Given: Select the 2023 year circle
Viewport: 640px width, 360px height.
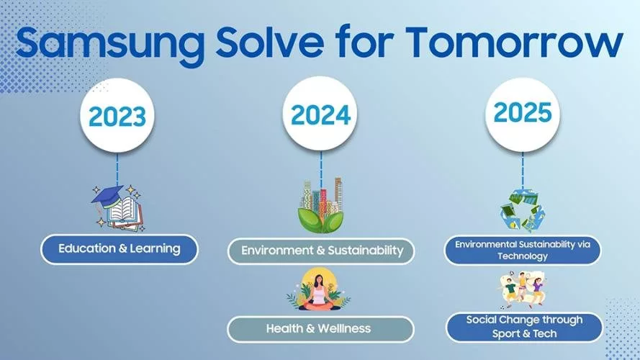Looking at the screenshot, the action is pyautogui.click(x=117, y=116).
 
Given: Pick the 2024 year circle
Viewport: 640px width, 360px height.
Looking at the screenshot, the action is pyautogui.click(x=320, y=114).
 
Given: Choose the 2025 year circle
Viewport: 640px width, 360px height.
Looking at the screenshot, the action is pyautogui.click(x=523, y=114).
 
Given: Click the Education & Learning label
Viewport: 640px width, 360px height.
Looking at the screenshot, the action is pyautogui.click(x=120, y=249).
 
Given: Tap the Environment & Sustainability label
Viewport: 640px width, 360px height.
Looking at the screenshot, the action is pyautogui.click(x=321, y=251).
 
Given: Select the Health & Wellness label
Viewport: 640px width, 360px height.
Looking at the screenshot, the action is pyautogui.click(x=320, y=329).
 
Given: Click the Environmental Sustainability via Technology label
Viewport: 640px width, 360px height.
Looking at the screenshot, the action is pyautogui.click(x=523, y=251).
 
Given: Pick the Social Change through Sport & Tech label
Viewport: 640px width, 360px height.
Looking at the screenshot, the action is pyautogui.click(x=524, y=327).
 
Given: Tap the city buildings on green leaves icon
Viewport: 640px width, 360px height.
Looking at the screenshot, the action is pyautogui.click(x=320, y=205).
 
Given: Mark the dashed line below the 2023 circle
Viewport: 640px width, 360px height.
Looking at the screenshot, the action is pyautogui.click(x=117, y=169).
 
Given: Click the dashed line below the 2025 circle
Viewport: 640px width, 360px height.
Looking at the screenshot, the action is pyautogui.click(x=523, y=171).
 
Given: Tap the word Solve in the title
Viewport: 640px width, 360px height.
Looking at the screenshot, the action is pyautogui.click(x=270, y=42).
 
